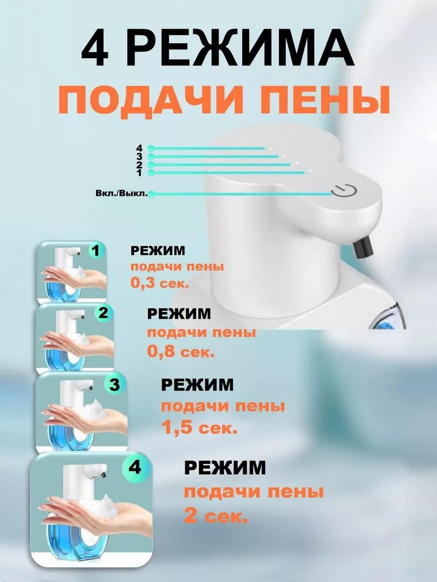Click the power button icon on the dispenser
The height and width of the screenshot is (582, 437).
[344, 191]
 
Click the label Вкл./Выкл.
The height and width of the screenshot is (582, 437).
[121, 194]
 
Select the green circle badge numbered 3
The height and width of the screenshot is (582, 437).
[115, 385]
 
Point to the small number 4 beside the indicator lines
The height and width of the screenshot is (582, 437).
[139, 148]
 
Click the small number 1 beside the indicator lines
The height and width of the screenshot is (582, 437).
[139, 173]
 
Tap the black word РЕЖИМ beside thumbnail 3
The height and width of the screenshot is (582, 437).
[197, 385]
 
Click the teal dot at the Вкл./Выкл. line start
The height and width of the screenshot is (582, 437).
[151, 194]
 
